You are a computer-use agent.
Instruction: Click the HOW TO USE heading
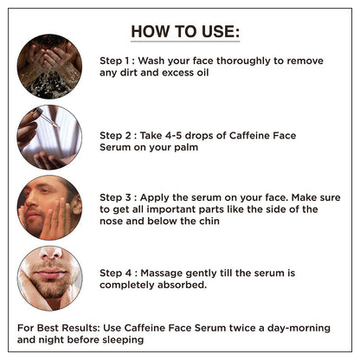coord(185,33)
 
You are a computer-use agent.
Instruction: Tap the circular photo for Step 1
coord(49,66)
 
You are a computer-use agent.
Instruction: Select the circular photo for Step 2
coord(49,137)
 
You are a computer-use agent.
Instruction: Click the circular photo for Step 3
coord(49,207)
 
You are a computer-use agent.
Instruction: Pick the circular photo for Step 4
coord(49,278)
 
